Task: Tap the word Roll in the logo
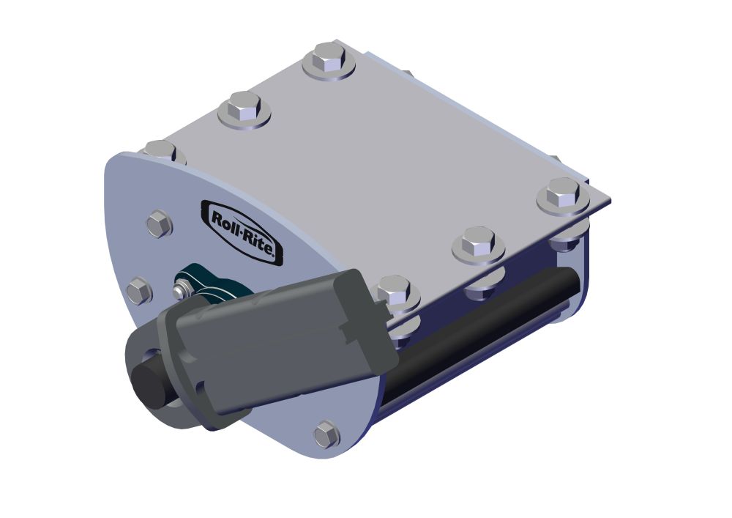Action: click(x=225, y=220)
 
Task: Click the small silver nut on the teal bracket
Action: click(x=181, y=292)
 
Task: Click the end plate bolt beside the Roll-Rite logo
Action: click(x=159, y=223)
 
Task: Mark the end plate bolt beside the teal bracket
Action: click(x=138, y=291)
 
